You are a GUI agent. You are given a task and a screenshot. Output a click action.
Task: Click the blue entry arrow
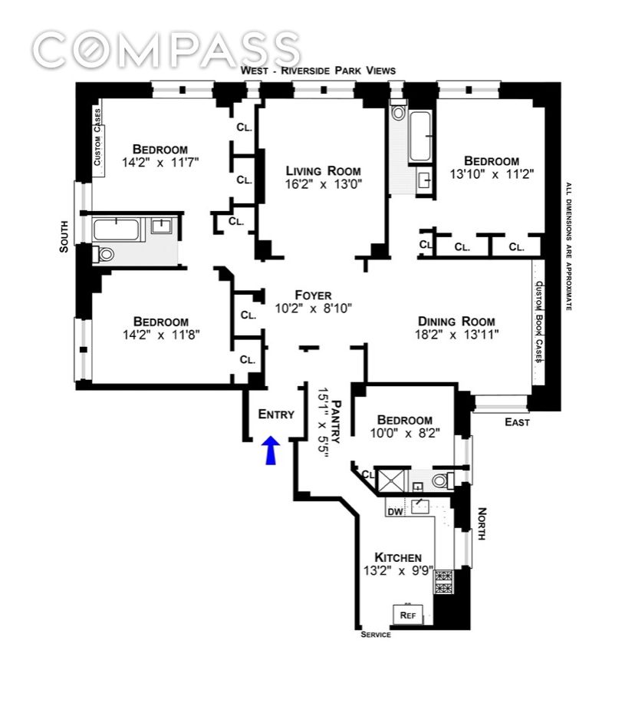point(270,451)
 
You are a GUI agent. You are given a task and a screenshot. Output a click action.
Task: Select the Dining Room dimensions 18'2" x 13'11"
point(456,335)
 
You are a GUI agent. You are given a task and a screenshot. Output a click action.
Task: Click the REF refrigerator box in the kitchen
point(408,614)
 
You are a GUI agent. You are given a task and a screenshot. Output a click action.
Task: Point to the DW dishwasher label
point(396,511)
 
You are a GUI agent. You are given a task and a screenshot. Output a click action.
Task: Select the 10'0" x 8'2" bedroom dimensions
point(405,434)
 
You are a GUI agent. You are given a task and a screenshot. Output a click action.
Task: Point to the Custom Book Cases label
point(539,322)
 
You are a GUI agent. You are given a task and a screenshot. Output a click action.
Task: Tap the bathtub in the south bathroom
point(117,229)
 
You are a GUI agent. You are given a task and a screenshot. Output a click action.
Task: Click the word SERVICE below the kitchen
point(376,635)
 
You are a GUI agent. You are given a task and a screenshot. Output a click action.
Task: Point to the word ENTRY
point(276,414)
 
